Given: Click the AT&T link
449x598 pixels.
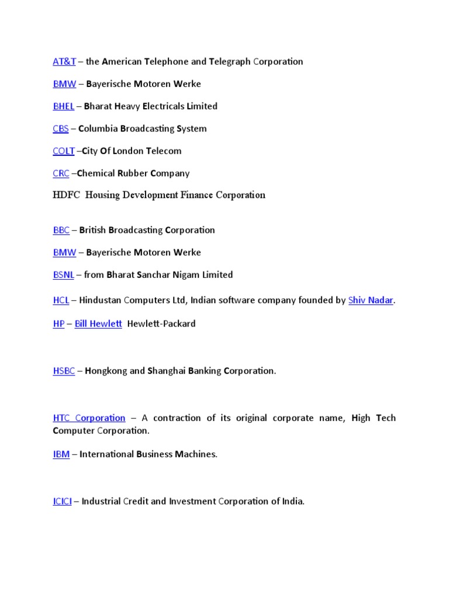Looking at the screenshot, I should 64,61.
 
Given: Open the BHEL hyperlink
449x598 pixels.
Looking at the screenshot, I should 63,106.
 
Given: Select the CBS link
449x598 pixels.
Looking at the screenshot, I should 61,128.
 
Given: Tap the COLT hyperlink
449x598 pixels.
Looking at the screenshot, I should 64,151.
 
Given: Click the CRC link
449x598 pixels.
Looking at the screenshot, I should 61,173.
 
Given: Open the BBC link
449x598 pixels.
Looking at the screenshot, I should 61,230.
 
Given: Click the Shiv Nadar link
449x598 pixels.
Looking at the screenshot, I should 371,300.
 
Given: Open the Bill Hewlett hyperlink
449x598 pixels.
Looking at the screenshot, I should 98,324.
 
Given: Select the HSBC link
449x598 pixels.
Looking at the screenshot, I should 64,371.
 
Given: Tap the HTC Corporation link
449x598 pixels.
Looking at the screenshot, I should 89,418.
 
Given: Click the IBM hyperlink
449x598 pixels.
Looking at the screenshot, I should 61,454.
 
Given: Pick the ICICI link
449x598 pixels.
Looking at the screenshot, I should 62,501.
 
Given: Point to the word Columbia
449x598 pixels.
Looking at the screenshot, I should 97,128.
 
